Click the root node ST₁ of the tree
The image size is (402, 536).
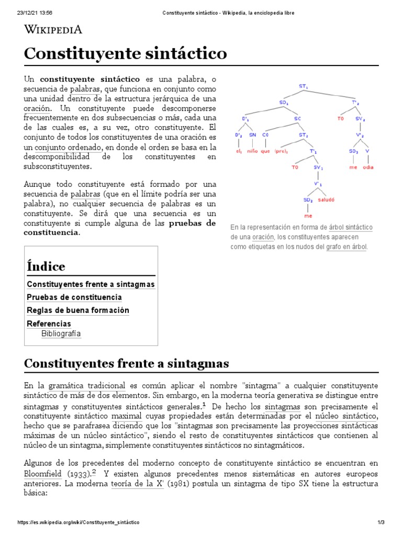click(x=303, y=85)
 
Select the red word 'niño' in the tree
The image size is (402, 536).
click(x=253, y=152)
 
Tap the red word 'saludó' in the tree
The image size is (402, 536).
click(x=326, y=200)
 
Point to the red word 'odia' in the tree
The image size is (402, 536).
click(x=368, y=167)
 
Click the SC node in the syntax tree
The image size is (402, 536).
click(x=298, y=119)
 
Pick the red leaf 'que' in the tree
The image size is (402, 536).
click(x=265, y=152)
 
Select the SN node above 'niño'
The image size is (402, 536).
click(x=252, y=135)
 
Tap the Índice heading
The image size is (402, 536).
click(x=46, y=266)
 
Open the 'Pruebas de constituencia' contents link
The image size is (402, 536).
click(x=74, y=297)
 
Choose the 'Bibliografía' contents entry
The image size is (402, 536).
click(x=61, y=333)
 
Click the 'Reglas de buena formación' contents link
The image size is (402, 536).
click(x=77, y=310)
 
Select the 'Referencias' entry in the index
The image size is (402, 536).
click(x=49, y=323)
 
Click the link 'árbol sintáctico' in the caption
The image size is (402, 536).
click(x=350, y=228)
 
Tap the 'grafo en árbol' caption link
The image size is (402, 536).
click(x=347, y=247)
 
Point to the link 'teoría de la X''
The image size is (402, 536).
click(x=138, y=484)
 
